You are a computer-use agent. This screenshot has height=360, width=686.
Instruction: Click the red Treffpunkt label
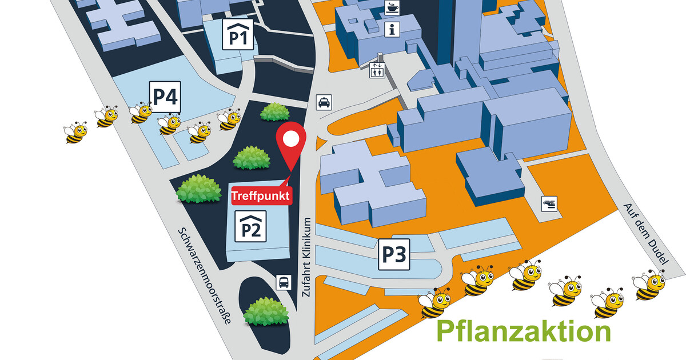click(261, 195)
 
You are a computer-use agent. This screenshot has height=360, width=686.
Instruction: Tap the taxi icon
click(324, 102)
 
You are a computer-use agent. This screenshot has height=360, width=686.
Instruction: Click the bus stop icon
click(284, 282)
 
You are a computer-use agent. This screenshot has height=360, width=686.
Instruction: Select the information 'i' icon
click(392, 30)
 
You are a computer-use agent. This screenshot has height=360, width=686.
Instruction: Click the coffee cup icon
click(392, 8)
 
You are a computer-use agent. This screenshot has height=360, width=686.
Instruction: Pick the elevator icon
click(377, 71)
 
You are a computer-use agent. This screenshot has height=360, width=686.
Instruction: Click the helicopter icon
click(549, 203)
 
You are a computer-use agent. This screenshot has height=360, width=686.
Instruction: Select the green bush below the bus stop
click(265, 311)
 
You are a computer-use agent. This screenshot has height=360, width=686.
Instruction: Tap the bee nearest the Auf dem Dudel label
click(649, 285)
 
